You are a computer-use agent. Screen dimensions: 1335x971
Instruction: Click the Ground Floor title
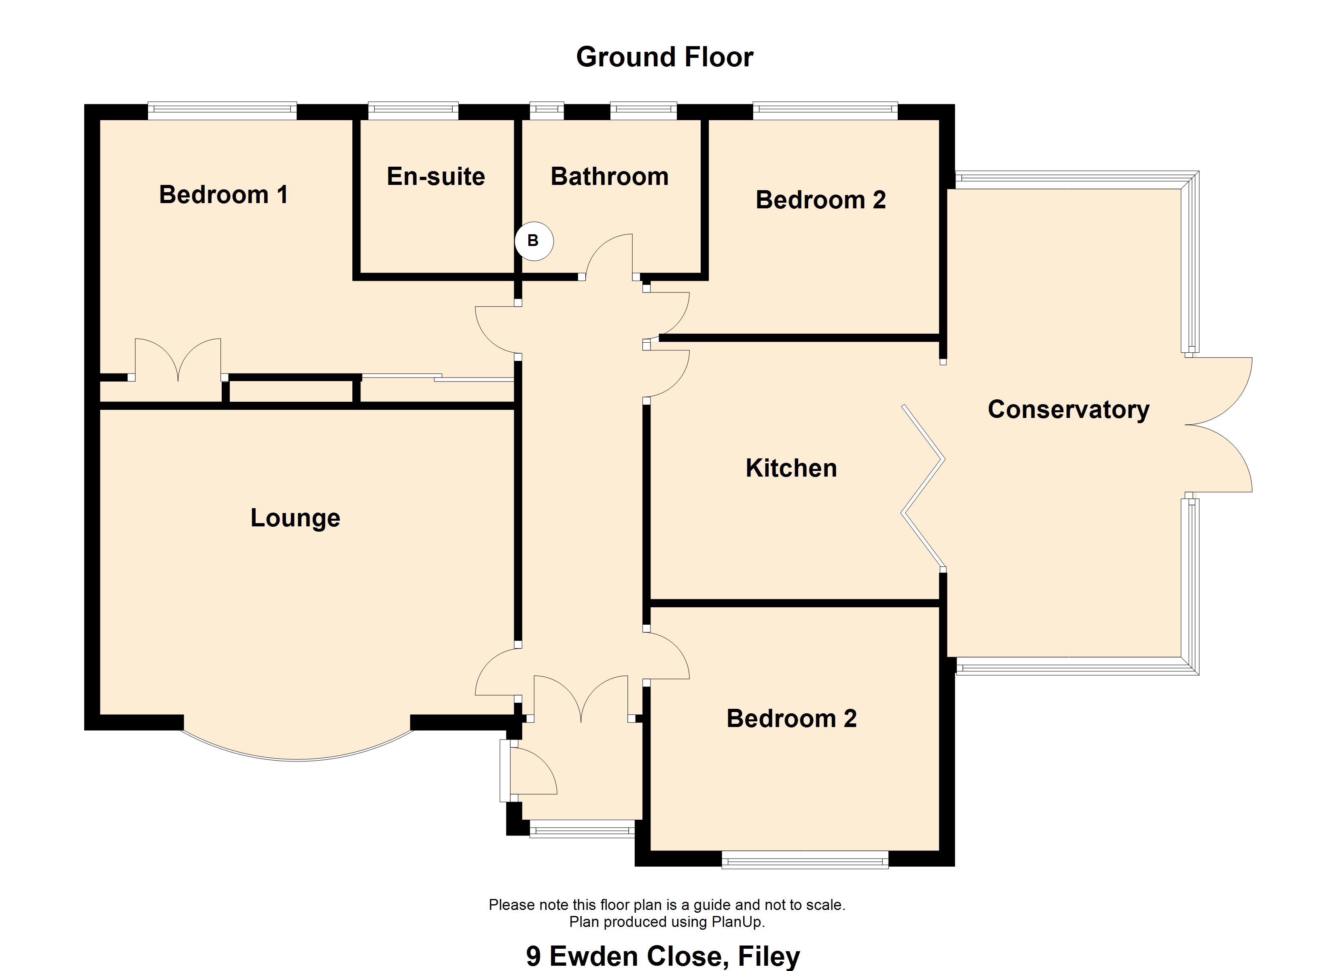[x=665, y=57]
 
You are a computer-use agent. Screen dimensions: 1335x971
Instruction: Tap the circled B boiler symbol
[x=534, y=241]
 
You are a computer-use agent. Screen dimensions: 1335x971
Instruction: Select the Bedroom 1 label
[x=224, y=194]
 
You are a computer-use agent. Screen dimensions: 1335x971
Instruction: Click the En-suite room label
[x=436, y=176]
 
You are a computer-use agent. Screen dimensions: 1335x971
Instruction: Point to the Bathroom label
[x=609, y=176]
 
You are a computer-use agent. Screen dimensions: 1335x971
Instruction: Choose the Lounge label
[x=295, y=517]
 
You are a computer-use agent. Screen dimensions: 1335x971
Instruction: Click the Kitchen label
[x=791, y=468]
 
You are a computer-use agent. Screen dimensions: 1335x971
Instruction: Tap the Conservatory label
[x=1068, y=409]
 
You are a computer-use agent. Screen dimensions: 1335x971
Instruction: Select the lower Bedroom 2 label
[x=792, y=719]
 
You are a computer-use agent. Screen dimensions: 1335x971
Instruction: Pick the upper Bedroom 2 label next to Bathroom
[x=820, y=199]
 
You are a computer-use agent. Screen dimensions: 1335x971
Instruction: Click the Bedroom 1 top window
[x=222, y=111]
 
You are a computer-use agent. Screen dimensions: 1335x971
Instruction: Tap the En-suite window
[x=413, y=111]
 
